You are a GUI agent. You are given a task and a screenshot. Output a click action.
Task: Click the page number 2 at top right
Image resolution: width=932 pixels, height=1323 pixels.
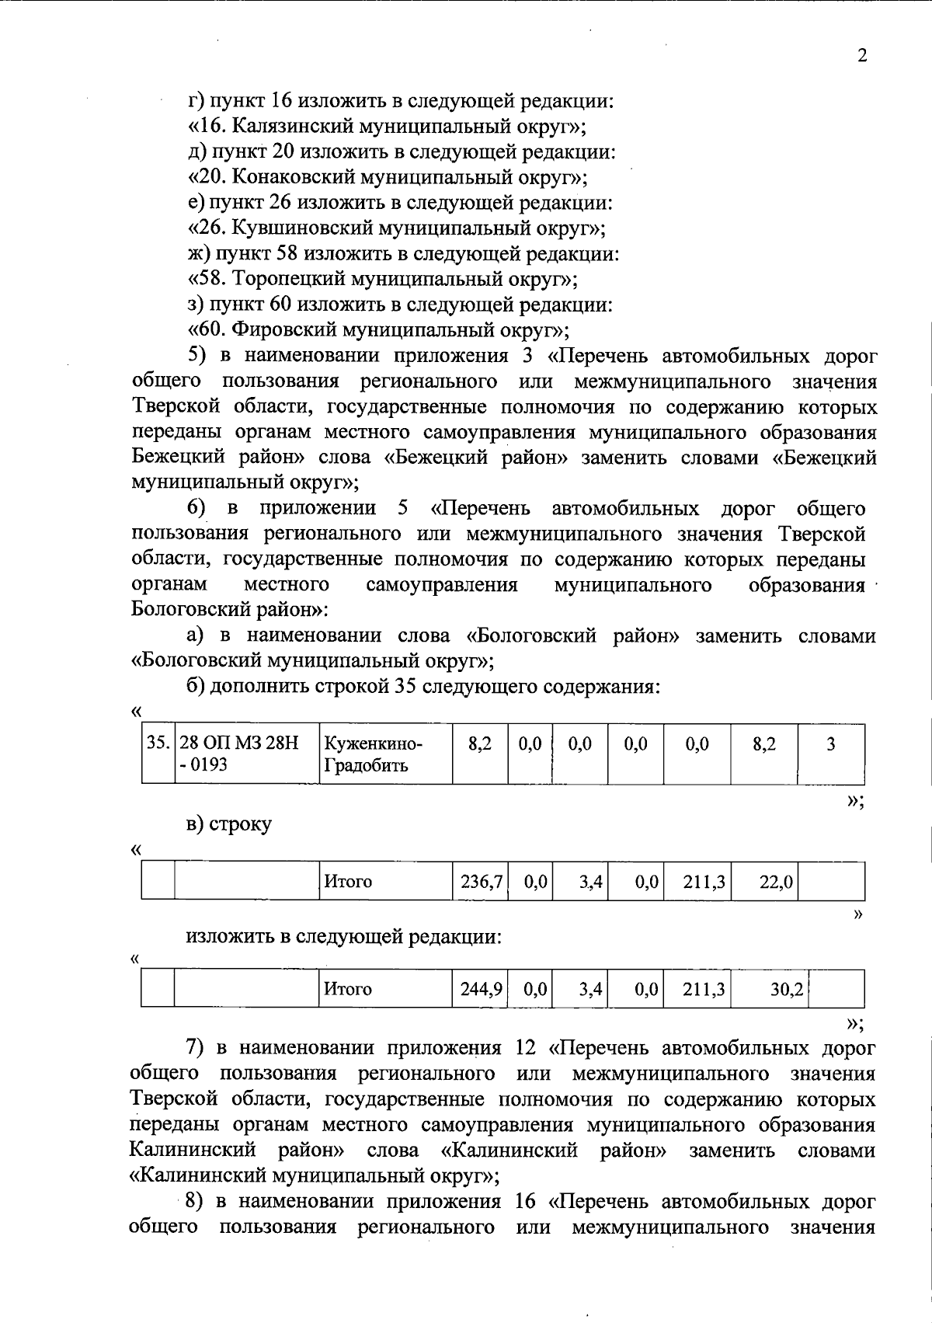coord(861,55)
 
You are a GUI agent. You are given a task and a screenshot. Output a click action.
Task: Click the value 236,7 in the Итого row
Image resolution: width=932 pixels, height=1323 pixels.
coord(481,882)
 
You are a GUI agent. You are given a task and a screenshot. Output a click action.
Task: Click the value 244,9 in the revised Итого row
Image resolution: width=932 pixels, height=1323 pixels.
coord(481,989)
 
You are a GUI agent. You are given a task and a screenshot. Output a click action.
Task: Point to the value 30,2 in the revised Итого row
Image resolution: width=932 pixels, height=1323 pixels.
coord(786,989)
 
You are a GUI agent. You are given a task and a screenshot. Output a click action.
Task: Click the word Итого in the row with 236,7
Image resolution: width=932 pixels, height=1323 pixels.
coord(348,882)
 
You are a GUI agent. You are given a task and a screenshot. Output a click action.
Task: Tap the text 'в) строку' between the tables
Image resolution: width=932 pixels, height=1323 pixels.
coord(229,824)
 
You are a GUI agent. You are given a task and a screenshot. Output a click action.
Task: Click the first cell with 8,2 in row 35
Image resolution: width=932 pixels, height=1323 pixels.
coord(480,744)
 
